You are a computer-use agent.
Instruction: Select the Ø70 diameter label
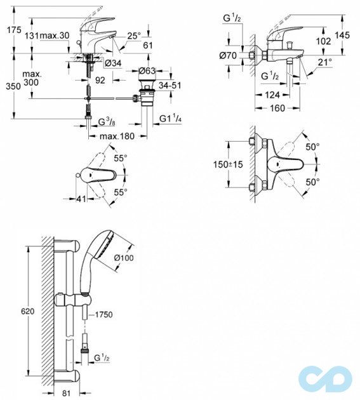pyautogui.click(x=228, y=55)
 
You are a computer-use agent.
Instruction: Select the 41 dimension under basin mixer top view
pyautogui.click(x=81, y=198)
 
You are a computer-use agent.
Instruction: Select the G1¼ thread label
pyautogui.click(x=170, y=119)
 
